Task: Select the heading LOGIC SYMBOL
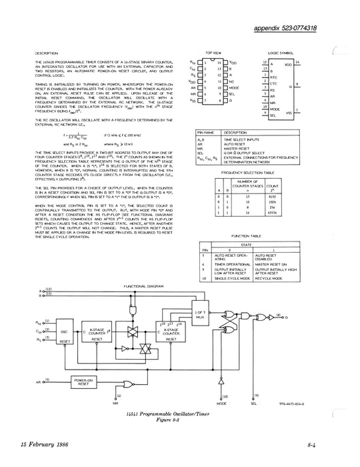pos(281,51)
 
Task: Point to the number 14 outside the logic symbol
pos(297,63)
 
